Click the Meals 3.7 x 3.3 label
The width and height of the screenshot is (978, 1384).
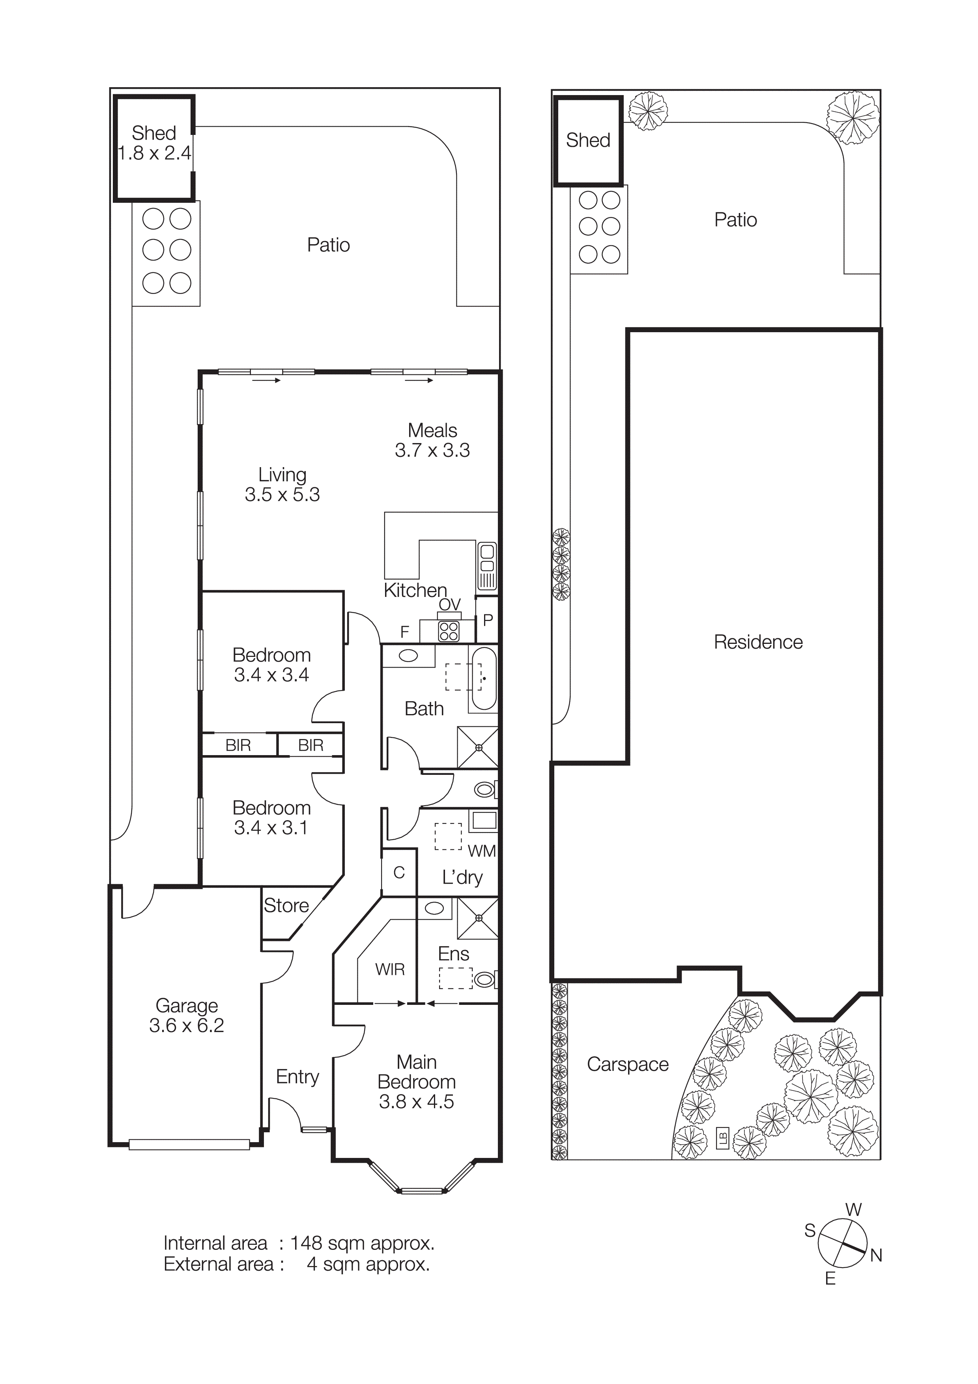[432, 440]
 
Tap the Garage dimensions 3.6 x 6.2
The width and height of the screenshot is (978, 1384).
[186, 1025]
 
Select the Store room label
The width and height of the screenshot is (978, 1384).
[286, 905]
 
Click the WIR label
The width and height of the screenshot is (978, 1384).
[390, 969]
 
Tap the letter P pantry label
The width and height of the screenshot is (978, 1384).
[488, 620]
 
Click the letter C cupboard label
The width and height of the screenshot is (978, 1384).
[399, 872]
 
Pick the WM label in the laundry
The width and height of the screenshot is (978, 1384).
[481, 851]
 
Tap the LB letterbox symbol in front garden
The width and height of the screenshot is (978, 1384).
[722, 1139]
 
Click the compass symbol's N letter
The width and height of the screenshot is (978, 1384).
[875, 1256]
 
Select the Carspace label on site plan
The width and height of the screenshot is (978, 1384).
[627, 1064]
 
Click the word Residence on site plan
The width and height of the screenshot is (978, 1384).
[758, 642]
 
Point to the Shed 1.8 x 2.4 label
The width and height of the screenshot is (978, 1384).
[154, 143]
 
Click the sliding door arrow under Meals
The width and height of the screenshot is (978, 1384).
[419, 380]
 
